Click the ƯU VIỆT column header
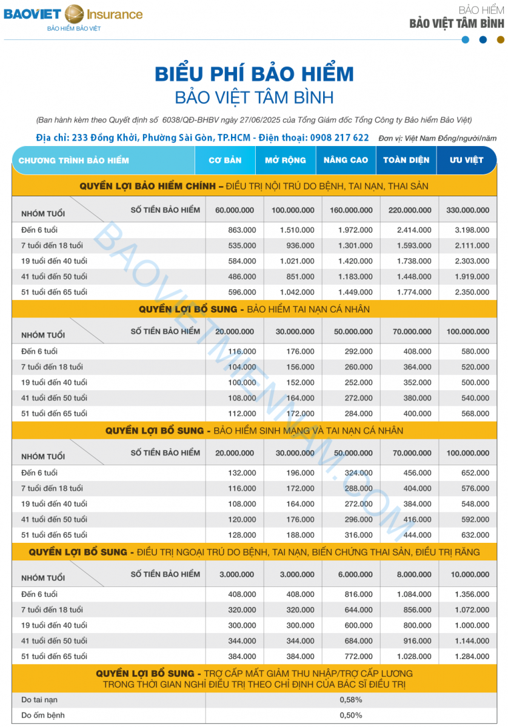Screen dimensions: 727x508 [466, 161]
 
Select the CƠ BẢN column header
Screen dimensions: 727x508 [225, 161]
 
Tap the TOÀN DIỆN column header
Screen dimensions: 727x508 [406, 161]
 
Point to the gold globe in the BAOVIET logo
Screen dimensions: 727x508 [74, 13]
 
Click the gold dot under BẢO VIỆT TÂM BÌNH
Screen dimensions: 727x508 [500, 40]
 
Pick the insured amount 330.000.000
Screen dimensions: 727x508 [467, 210]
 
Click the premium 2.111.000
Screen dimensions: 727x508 [472, 245]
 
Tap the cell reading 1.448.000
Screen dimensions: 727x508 [414, 276]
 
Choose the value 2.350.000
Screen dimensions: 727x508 [472, 292]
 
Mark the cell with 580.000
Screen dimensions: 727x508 [475, 351]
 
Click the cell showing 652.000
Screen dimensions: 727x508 [475, 473]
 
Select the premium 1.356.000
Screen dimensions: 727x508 [472, 594]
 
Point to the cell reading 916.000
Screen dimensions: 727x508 [416, 640]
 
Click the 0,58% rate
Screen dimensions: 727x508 [351, 700]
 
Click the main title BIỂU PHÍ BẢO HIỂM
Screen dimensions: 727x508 [254, 74]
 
